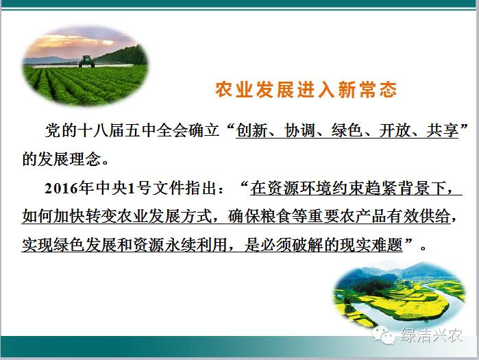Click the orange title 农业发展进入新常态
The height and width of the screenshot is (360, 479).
click(x=306, y=90)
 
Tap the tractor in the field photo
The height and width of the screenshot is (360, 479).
click(x=87, y=61)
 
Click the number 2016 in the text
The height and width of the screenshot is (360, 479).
click(x=61, y=189)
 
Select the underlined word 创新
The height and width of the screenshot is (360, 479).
click(x=251, y=130)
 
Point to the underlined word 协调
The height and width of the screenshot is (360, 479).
click(x=299, y=130)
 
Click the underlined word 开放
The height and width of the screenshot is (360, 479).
click(x=395, y=130)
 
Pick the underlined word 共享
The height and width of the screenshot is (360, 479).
click(x=443, y=130)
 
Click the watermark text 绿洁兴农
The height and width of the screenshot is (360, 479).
click(x=431, y=335)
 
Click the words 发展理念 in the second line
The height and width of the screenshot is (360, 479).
click(x=69, y=159)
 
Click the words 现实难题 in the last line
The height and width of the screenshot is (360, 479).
click(x=371, y=245)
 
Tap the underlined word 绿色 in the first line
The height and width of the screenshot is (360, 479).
click(x=347, y=130)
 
